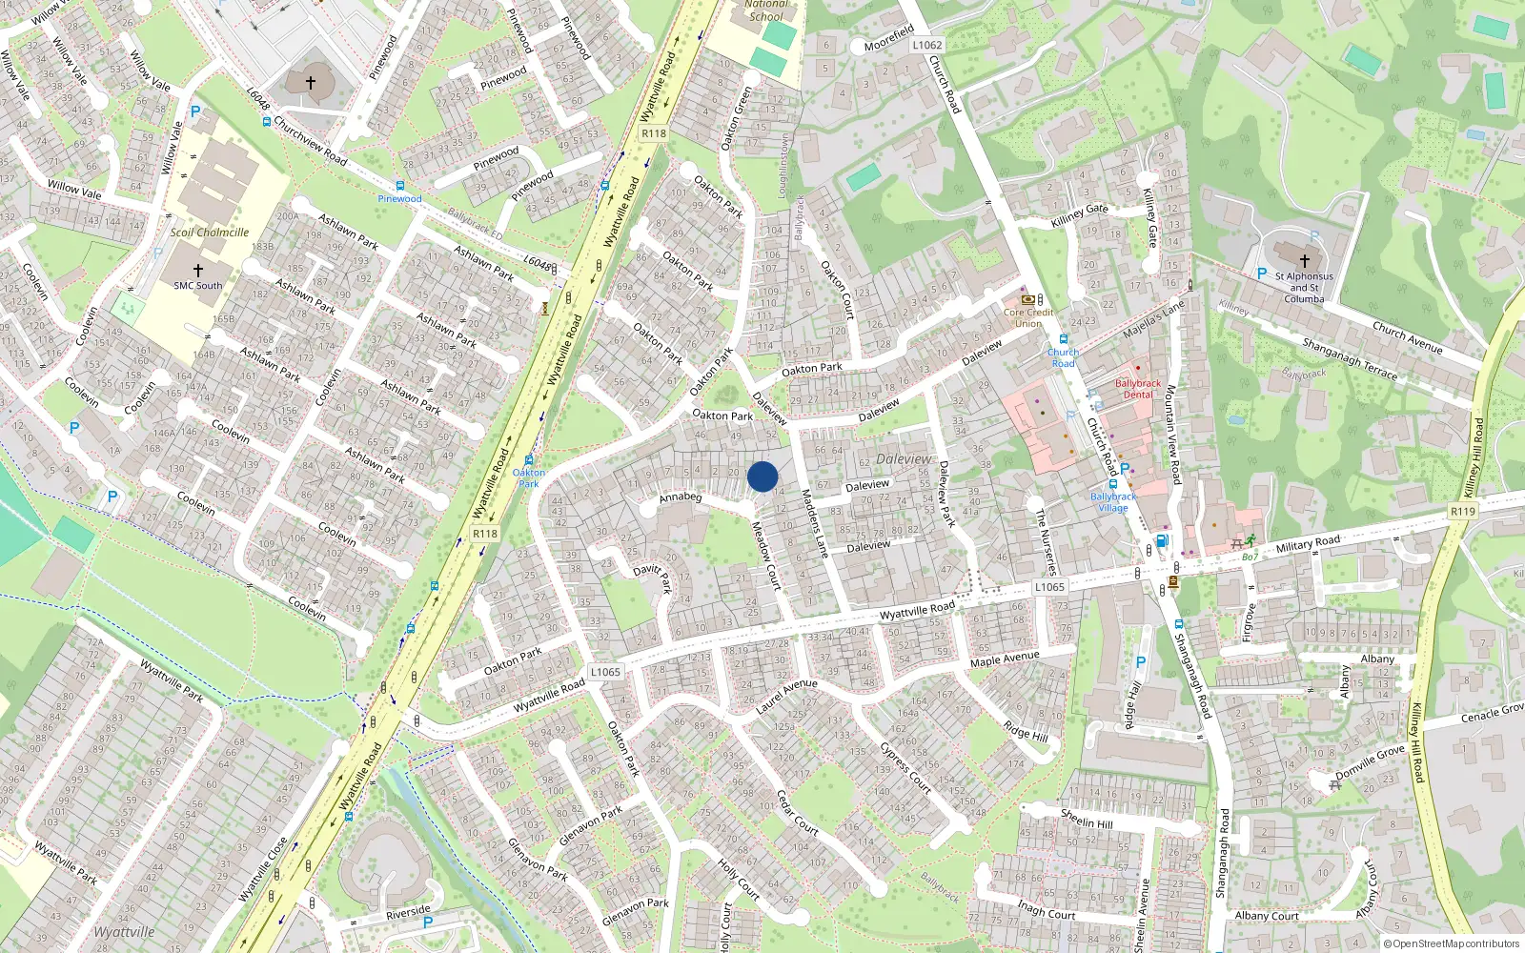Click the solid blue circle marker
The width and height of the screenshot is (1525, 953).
[762, 476]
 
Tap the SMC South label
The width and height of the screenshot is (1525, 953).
[197, 285]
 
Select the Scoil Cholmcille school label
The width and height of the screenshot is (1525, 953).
[210, 232]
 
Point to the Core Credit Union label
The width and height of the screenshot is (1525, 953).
[1028, 317]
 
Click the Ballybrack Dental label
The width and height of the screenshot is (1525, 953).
[1138, 389]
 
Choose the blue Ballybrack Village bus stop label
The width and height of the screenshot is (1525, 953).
[1113, 501]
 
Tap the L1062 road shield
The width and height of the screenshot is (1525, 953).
[926, 45]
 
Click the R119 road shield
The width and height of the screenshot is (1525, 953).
[1462, 512]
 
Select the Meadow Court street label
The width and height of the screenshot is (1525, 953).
[766, 556]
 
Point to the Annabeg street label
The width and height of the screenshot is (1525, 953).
[681, 497]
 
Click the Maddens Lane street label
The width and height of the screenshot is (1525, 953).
[813, 523]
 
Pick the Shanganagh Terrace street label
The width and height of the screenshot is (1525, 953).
[1350, 359]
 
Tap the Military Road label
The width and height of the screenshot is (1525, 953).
[1308, 544]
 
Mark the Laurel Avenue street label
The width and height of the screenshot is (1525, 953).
[786, 696]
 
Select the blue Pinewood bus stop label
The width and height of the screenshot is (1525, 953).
[399, 198]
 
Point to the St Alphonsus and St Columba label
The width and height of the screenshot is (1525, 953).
[1304, 287]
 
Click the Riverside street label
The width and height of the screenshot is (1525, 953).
[408, 912]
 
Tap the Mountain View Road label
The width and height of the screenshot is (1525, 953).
[1173, 434]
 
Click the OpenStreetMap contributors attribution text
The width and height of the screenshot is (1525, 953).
[1452, 943]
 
